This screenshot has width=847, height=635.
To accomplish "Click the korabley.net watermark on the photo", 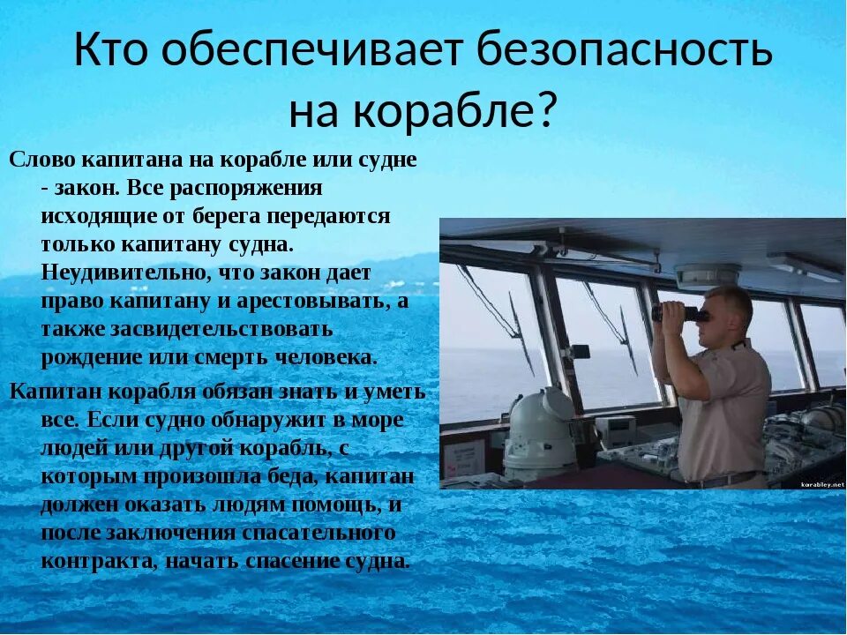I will click(821, 484).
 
